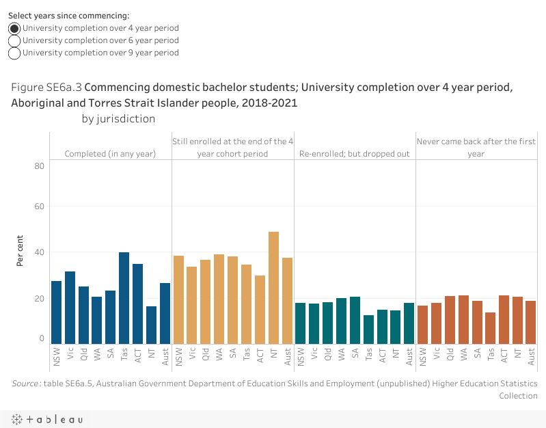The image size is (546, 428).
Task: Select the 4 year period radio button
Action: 14,28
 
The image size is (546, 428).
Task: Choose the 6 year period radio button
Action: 14,41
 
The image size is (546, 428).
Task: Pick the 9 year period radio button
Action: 14,53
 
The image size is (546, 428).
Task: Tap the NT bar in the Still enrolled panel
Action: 273,288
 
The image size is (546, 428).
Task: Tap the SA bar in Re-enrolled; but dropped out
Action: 355,320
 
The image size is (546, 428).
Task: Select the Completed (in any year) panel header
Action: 110,154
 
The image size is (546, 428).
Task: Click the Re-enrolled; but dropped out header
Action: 355,154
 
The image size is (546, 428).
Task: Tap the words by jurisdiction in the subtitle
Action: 118,119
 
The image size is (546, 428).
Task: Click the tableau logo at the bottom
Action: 46,419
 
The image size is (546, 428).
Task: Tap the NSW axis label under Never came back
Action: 423,356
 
